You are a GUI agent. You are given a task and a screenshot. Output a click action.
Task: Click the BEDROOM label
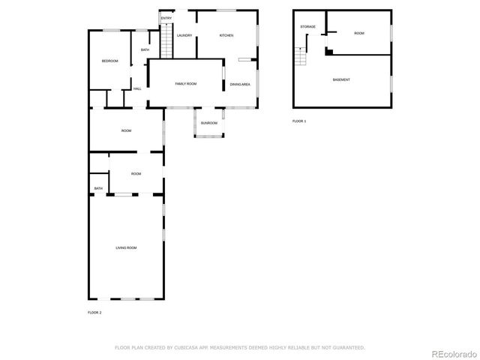pos(110,61)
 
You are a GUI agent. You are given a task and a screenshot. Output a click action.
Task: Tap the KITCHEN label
pos(226,35)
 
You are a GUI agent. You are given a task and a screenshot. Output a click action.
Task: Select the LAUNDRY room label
pos(184,35)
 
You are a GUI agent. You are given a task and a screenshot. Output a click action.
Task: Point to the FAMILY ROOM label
pos(185,83)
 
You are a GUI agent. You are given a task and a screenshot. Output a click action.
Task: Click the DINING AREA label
pos(240,84)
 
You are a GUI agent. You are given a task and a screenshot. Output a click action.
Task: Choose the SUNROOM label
pos(208,123)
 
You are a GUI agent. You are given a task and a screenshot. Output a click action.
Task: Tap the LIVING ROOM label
pos(126,247)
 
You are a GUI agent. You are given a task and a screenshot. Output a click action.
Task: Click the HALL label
pos(137,89)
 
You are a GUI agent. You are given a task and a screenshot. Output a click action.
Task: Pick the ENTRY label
pos(166,18)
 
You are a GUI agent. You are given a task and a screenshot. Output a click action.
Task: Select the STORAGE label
pos(307,27)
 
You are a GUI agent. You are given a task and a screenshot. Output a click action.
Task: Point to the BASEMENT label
pos(341,79)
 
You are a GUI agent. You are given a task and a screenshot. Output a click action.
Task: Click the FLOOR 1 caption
pos(299,121)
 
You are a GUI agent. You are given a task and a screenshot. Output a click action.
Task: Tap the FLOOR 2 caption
pos(94,312)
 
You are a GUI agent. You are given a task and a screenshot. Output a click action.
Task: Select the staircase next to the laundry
pos(167,41)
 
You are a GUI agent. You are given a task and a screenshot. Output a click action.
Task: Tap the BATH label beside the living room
pos(98,188)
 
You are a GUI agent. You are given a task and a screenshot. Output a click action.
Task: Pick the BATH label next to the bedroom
pos(145,50)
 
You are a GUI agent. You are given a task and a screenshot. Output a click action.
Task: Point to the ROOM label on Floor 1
pos(359,33)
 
